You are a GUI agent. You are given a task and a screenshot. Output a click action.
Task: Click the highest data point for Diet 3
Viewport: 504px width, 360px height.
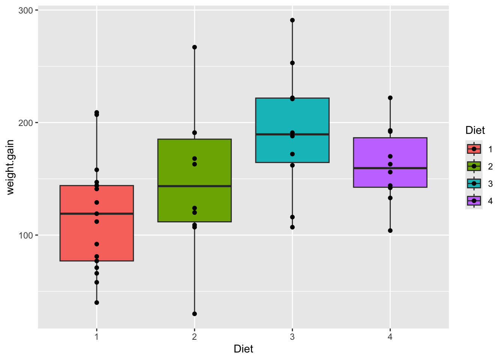pos(292,20)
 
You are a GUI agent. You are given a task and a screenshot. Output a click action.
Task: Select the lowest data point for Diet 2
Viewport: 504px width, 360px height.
pos(194,314)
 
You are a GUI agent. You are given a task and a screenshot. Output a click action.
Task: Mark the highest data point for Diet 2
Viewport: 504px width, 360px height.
pos(194,47)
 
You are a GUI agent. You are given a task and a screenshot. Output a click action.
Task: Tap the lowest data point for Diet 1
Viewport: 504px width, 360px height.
pos(97,303)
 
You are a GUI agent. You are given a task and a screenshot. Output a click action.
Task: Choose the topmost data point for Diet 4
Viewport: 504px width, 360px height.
pos(390,98)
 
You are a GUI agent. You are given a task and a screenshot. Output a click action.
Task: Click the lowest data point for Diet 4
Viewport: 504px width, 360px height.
pos(390,231)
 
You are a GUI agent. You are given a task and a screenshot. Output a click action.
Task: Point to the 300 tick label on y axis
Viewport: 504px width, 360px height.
pos(26,10)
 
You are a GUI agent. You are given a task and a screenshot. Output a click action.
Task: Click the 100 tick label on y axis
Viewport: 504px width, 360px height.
pos(26,235)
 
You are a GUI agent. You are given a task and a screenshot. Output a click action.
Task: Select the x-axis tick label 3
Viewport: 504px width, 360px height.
pos(292,337)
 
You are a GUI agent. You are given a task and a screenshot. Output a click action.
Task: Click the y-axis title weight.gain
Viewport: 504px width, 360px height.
pos(10,167)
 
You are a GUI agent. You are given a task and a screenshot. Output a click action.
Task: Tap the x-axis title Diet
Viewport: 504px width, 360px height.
pos(243,349)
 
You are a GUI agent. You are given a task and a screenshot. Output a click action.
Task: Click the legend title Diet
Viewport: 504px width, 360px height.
pos(475,130)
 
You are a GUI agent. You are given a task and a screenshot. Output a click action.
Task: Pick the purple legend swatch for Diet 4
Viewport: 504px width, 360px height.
pos(474,201)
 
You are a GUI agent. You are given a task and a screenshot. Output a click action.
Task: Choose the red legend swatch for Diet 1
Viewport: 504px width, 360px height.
pos(474,149)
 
